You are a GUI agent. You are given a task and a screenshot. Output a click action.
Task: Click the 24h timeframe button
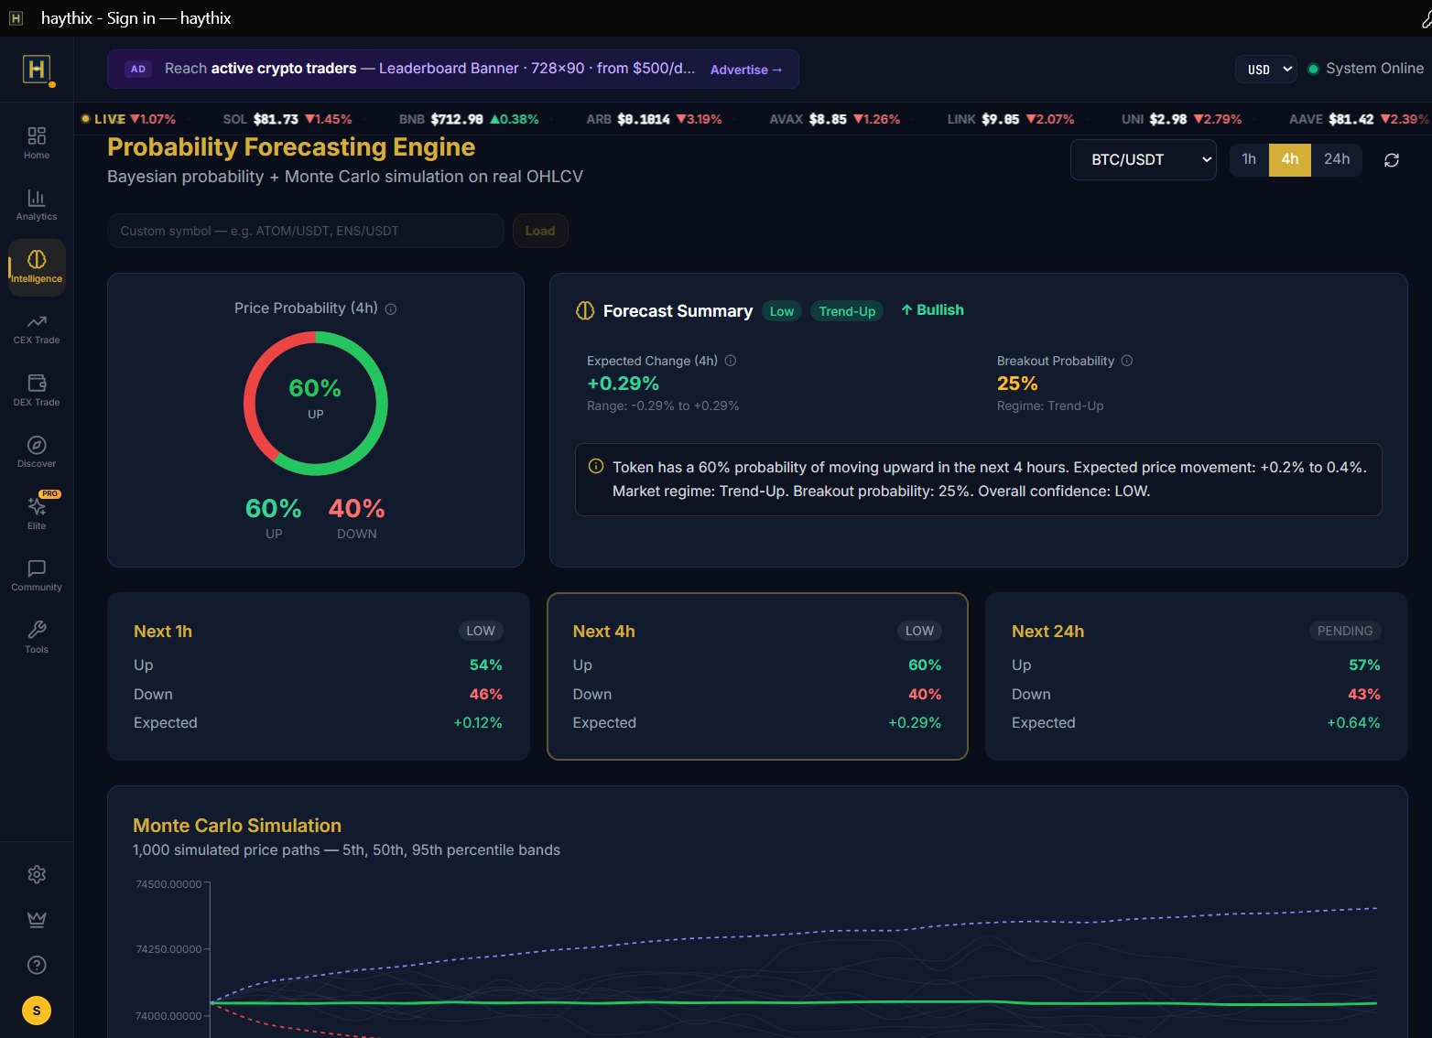pyautogui.click(x=1336, y=159)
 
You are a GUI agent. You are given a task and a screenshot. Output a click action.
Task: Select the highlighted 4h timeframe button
pyautogui.click(x=1289, y=159)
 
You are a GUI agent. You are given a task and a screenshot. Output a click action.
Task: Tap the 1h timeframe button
pyautogui.click(x=1249, y=159)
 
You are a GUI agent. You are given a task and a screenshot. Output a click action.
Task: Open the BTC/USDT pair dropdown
pyautogui.click(x=1143, y=160)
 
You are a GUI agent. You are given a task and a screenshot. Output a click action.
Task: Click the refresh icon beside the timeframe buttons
pyautogui.click(x=1392, y=160)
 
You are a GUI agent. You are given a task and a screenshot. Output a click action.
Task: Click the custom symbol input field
pyautogui.click(x=306, y=231)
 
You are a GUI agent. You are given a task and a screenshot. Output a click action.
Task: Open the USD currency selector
pyautogui.click(x=1265, y=69)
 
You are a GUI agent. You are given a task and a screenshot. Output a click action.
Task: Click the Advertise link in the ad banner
pyautogui.click(x=745, y=70)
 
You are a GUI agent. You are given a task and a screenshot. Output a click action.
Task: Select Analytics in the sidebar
pyautogui.click(x=37, y=205)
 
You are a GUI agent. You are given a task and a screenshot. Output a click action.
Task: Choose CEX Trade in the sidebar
pyautogui.click(x=37, y=330)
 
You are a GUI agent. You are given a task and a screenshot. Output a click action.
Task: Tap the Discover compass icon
pyautogui.click(x=37, y=445)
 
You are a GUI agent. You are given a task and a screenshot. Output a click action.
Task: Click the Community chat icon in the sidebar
pyautogui.click(x=37, y=568)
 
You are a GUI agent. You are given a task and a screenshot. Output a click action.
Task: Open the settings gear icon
pyautogui.click(x=37, y=874)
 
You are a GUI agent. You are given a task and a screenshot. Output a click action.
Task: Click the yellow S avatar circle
pyautogui.click(x=37, y=1010)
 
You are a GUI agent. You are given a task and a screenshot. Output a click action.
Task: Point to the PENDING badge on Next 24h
pyautogui.click(x=1344, y=631)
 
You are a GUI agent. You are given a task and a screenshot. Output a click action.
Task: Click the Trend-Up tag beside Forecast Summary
pyautogui.click(x=846, y=311)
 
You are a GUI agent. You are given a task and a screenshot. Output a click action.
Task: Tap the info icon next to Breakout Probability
pyautogui.click(x=1126, y=361)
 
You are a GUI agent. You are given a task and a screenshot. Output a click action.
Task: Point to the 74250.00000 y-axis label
pyautogui.click(x=168, y=949)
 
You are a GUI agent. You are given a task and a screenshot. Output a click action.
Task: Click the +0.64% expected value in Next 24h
pyautogui.click(x=1353, y=723)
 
